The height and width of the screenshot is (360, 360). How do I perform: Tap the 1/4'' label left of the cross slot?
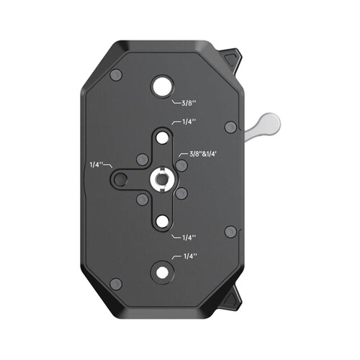click(96, 165)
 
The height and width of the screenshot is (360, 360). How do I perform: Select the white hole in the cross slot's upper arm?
click(163, 136)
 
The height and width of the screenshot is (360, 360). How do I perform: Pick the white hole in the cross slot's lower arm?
click(163, 221)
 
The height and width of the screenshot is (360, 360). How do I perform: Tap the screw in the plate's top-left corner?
click(117, 75)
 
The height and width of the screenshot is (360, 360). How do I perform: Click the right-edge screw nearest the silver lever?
click(230, 127)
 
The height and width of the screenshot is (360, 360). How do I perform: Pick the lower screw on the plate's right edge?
click(230, 231)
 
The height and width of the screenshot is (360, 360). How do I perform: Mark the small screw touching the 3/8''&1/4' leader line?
click(181, 165)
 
